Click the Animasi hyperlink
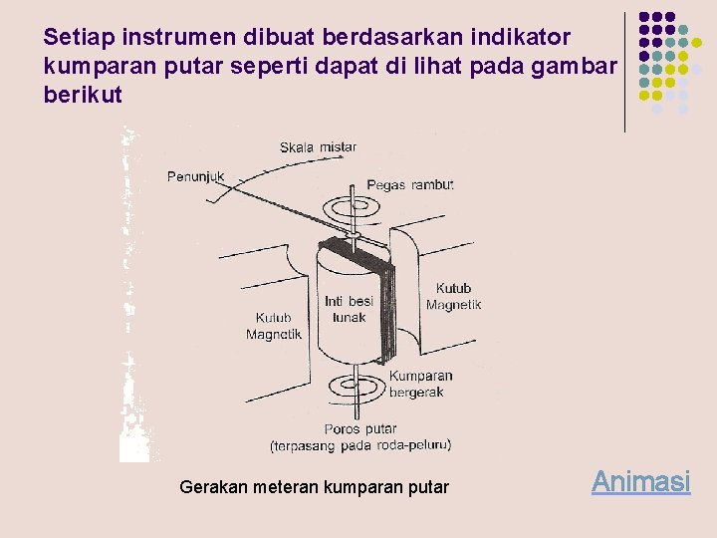[640, 482]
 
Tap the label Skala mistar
[318, 147]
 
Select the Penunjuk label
[195, 177]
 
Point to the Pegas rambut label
[409, 185]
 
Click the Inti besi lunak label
[349, 309]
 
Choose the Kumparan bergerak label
[420, 384]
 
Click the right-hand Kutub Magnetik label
[453, 297]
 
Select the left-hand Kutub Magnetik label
[274, 327]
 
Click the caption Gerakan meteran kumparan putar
[314, 487]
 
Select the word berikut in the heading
[84, 95]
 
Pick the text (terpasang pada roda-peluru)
[360, 445]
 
